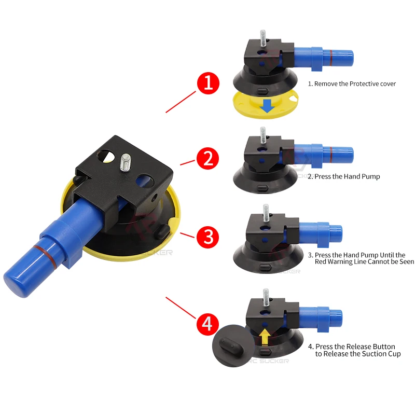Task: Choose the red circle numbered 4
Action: click(208, 325)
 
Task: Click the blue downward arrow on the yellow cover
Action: click(267, 106)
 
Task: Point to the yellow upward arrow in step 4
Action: click(265, 338)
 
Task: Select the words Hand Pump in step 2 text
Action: click(361, 176)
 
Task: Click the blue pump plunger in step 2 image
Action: click(332, 154)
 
